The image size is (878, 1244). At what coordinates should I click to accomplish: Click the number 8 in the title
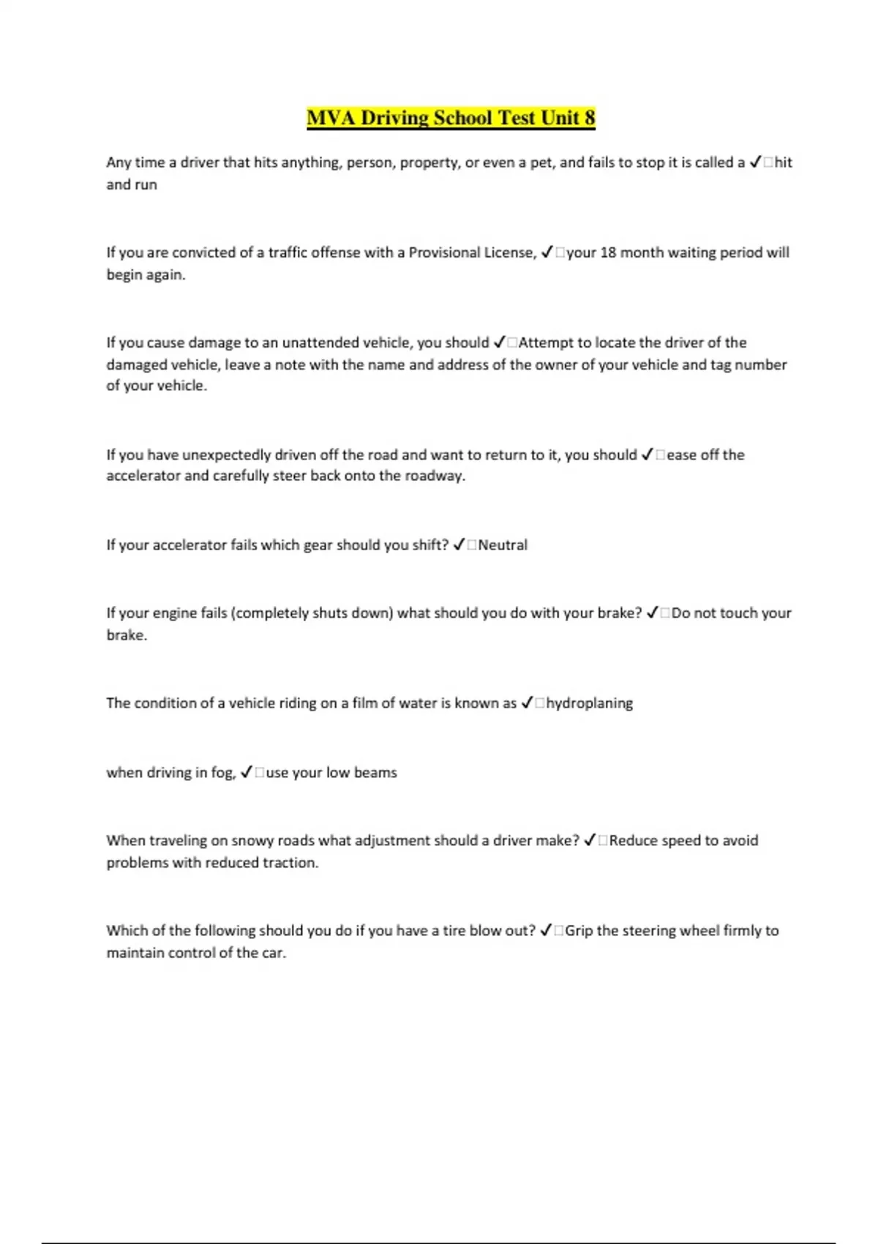pos(589,118)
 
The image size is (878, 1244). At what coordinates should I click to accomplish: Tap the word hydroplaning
pos(589,703)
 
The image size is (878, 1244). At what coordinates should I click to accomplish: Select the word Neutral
pos(503,545)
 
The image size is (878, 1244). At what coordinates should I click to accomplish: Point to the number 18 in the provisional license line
pos(608,252)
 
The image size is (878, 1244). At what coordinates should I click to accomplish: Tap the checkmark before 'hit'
pos(756,162)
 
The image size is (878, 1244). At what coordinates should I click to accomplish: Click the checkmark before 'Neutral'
pos(459,545)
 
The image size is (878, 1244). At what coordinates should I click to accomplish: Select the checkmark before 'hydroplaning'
pos(527,703)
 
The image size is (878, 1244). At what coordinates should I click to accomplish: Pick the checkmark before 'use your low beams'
pos(247,772)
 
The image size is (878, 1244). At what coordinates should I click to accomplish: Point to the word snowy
pos(252,841)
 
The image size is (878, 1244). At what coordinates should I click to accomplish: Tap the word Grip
pos(579,931)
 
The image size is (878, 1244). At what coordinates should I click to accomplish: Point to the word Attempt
pos(546,342)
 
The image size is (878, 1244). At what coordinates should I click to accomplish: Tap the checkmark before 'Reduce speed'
pos(590,841)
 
